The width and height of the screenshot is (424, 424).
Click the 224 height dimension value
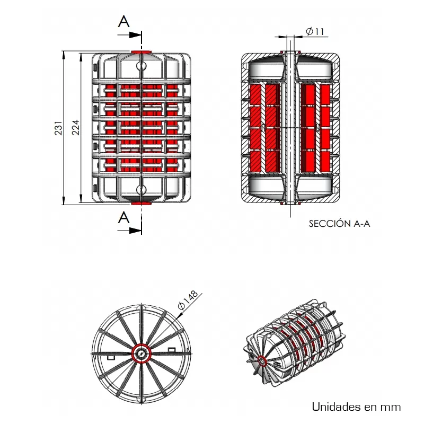75,127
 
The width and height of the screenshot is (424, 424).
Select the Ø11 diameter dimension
315,32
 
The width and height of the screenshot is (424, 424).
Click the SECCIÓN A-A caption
339,224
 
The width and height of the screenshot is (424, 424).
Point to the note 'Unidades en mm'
356,407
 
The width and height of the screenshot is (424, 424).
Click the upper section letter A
123,21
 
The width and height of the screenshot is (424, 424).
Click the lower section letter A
123,217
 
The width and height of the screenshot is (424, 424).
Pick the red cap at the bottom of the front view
141,202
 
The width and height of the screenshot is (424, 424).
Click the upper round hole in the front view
141,66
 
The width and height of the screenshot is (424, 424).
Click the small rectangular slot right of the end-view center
172,349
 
